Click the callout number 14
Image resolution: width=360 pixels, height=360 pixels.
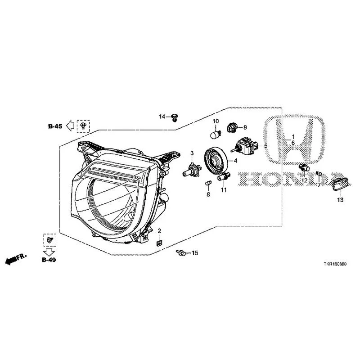pos(162,117)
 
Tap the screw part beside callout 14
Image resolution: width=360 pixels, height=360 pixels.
pos(175,117)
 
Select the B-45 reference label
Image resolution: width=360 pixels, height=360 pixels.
pos(55,126)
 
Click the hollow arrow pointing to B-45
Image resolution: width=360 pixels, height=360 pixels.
pos(70,126)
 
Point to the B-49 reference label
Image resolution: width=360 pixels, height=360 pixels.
pos(49,260)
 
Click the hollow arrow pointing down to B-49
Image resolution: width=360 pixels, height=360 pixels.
pos(49,252)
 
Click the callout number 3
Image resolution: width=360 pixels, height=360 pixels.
pos(192,153)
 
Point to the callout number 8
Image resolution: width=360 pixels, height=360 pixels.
pos(208,194)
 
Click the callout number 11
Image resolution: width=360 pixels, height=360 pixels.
pos(224,190)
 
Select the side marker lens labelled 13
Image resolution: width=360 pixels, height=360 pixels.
pos(340,184)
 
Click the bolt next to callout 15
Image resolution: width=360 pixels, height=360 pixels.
pos(181,252)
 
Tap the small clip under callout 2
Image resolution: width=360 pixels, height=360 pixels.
pos(159,243)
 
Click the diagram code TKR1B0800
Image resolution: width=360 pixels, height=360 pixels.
pos(335,264)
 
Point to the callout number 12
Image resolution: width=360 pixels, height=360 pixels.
pos(304,181)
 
